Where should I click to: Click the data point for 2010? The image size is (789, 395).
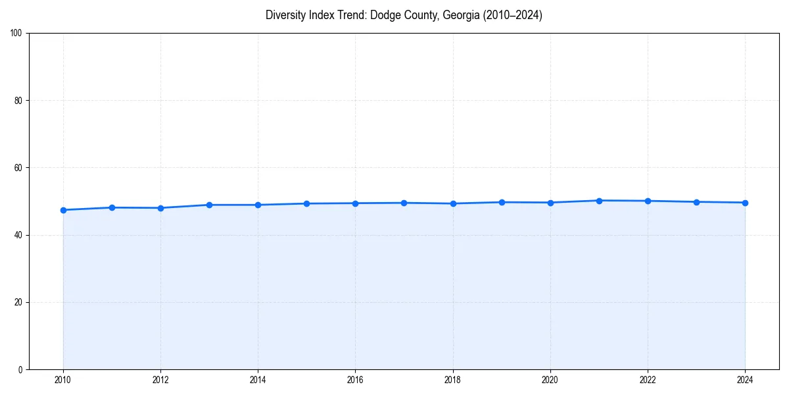click(63, 210)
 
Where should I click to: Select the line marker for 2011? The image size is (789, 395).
click(112, 207)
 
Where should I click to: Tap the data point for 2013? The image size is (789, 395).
click(209, 205)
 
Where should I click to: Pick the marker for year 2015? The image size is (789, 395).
click(306, 203)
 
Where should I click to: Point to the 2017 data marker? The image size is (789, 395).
click(404, 203)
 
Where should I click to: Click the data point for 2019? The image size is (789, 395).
click(502, 202)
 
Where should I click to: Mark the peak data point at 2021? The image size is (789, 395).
click(599, 201)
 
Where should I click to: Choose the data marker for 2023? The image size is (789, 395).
click(696, 202)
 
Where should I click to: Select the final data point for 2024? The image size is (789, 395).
click(745, 203)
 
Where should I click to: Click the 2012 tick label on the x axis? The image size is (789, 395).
click(160, 380)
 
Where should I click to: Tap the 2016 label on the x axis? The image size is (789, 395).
click(355, 380)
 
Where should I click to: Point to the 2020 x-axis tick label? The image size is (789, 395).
click(550, 380)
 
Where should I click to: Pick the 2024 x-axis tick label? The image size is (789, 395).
click(745, 380)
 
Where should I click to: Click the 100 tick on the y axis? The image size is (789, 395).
click(16, 34)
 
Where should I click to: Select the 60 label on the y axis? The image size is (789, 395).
click(18, 168)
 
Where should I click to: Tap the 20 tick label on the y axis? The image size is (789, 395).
click(18, 302)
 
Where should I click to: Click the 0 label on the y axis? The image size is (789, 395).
click(20, 369)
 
